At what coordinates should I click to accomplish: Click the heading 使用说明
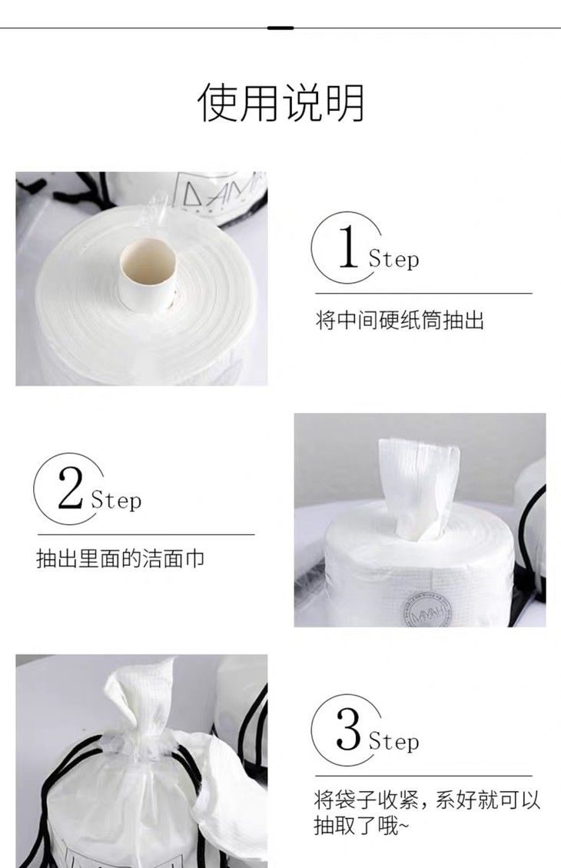[x=280, y=102]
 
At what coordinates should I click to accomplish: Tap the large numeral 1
[x=348, y=246]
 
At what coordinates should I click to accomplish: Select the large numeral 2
[x=70, y=487]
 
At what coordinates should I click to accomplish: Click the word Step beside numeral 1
[x=394, y=259]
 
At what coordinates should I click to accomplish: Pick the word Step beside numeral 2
[x=116, y=501]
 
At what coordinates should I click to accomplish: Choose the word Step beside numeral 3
[x=394, y=742]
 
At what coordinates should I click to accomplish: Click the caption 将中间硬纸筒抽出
[x=400, y=320]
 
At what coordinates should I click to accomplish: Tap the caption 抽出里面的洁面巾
[x=121, y=559]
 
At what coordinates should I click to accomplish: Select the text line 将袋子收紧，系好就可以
[x=427, y=800]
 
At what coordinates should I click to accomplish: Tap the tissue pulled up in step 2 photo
[x=419, y=489]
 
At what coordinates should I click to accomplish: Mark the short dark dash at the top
[x=280, y=28]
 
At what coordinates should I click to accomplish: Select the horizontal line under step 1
[x=423, y=294]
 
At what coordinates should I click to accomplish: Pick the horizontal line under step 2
[x=146, y=535]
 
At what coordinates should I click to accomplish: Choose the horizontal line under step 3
[x=423, y=776]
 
